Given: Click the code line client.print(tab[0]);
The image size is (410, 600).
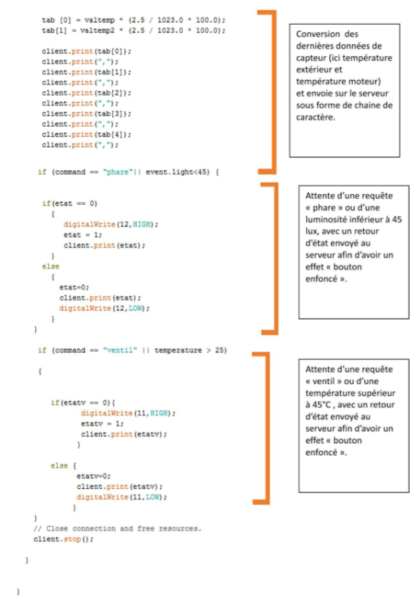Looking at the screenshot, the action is pos(87,51).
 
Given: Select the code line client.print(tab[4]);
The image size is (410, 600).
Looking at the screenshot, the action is pos(87,134).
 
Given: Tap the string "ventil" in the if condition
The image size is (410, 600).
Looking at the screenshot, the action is pos(120,350).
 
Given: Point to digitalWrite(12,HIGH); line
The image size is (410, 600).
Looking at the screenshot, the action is pos(110,224).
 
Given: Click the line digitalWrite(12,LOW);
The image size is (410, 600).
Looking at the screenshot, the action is pos(104,308).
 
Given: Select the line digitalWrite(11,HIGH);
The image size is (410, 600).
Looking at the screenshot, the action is pos(128,414).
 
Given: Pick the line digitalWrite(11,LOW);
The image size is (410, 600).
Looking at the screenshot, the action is pos(122,497).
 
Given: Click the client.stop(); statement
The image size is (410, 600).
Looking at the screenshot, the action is pos(63,540).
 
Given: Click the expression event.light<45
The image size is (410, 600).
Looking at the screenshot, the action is pos(177,172).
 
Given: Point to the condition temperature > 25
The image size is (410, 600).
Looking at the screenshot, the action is pos(190,350).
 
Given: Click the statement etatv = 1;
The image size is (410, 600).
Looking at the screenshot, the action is pos(102,423).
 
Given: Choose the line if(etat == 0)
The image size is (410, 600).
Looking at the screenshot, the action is pos(70,203).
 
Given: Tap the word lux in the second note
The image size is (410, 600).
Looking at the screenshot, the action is pos(312,231).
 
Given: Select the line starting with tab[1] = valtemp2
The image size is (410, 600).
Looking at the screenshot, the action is pos(134,31).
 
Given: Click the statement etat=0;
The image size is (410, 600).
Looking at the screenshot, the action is pos(75,288).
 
